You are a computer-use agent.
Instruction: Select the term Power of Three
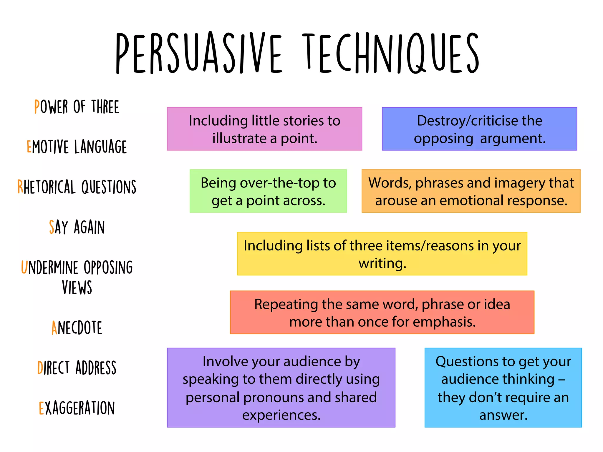click(x=77, y=107)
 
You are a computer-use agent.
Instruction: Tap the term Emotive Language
click(x=77, y=147)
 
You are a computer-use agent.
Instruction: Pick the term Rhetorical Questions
click(x=77, y=187)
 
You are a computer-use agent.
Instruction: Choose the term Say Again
click(x=77, y=227)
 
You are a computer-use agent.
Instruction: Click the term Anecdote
click(x=77, y=328)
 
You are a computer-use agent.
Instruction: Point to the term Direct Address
click(x=77, y=368)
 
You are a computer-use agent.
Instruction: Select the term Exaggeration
click(x=77, y=408)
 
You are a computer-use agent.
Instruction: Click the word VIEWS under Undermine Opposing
click(x=77, y=288)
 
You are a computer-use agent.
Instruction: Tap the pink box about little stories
click(x=264, y=129)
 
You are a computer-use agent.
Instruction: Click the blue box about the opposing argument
click(x=479, y=129)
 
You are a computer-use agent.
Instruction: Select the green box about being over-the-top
click(x=268, y=191)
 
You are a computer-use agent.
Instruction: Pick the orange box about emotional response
click(x=471, y=191)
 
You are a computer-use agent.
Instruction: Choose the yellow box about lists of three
click(x=382, y=254)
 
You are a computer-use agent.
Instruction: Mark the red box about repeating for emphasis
click(x=382, y=312)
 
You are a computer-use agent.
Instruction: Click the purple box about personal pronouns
click(x=281, y=388)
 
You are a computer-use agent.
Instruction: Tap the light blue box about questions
click(x=503, y=388)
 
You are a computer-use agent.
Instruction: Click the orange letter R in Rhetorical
click(x=20, y=187)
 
